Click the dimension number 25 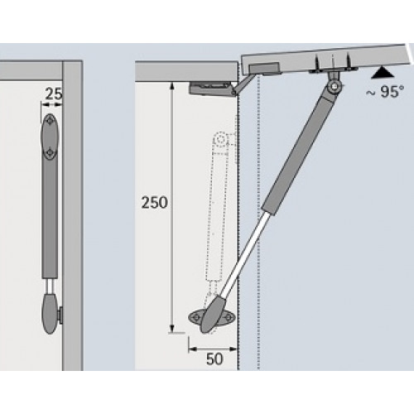[54, 96]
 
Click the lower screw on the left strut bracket [52, 152]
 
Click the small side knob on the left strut [62, 315]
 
